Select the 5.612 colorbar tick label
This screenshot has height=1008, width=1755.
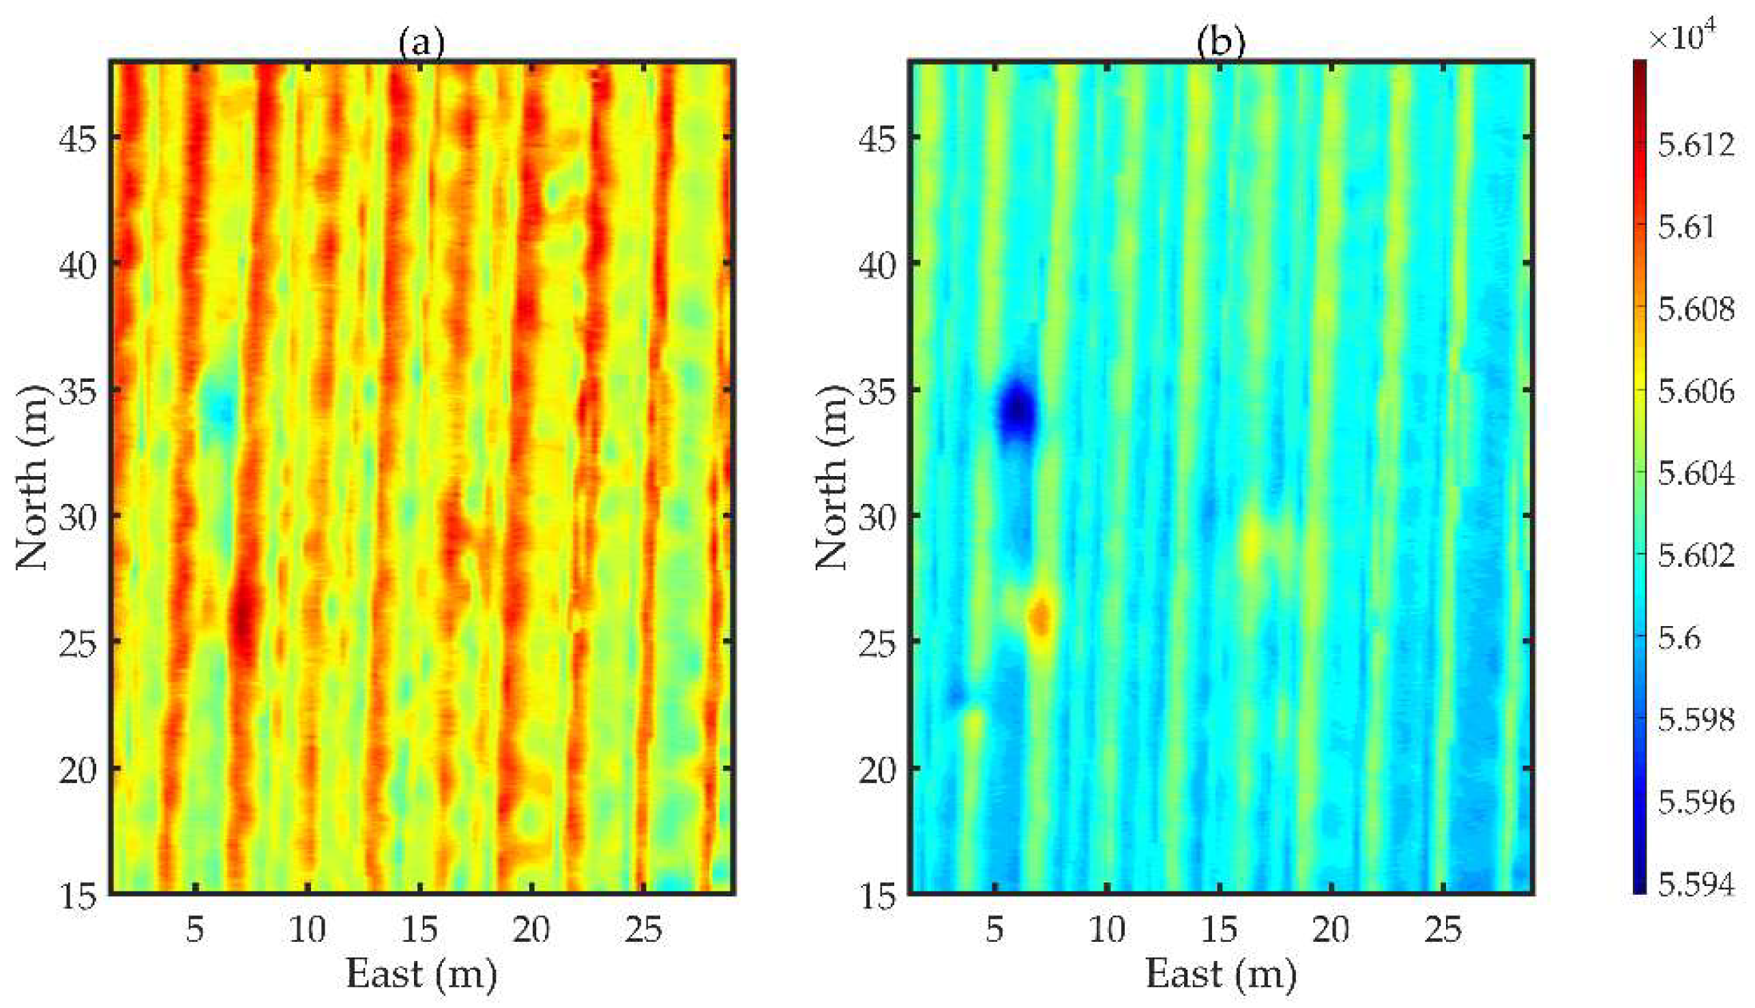pos(1697,145)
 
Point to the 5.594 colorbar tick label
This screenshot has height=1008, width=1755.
pos(1697,885)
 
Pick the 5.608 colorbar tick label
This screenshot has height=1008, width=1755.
pos(1697,310)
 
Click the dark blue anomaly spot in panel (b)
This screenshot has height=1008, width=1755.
pos(1016,411)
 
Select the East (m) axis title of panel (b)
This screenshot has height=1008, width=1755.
pos(1220,974)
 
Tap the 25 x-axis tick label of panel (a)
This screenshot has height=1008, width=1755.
pos(643,931)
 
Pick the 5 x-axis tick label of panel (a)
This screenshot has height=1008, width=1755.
pos(195,931)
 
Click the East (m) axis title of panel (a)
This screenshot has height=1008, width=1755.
pos(421,974)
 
